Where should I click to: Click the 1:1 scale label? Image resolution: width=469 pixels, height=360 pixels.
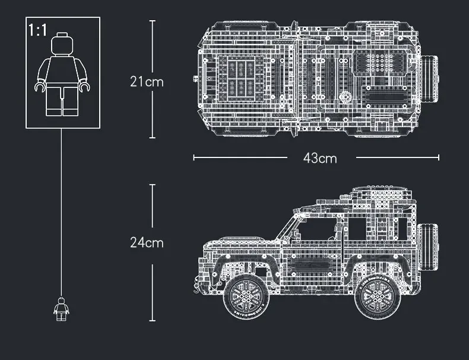(x=37, y=31)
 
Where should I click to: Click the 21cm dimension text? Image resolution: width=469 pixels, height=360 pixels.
(x=146, y=81)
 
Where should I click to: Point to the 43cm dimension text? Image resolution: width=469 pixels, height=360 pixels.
(x=319, y=158)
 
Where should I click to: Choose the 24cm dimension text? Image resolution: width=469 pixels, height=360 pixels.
(x=146, y=242)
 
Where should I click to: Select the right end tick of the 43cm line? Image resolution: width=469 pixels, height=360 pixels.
(x=439, y=157)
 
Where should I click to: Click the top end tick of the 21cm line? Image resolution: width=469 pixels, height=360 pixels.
(x=152, y=21)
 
